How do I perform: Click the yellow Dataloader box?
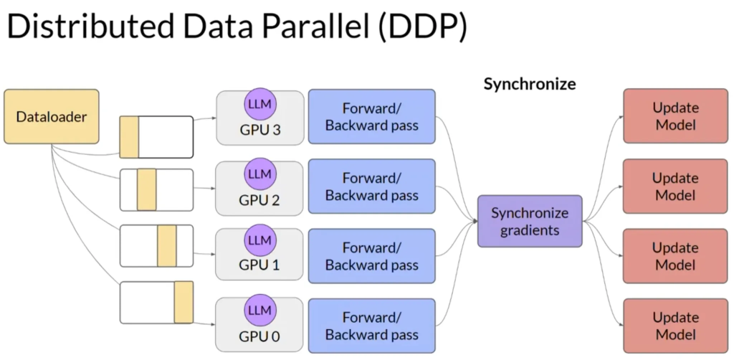[x=51, y=116]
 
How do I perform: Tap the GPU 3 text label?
[x=259, y=131]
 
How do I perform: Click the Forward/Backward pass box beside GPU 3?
[x=371, y=117]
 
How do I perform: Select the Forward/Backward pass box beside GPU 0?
[x=371, y=326]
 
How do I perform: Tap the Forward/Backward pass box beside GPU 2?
[x=371, y=186]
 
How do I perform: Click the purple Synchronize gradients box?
[x=530, y=222]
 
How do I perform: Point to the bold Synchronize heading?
[x=530, y=84]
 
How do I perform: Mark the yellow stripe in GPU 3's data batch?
[x=129, y=136]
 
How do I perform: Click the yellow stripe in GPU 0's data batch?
[x=183, y=302]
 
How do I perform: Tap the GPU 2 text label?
[x=259, y=200]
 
